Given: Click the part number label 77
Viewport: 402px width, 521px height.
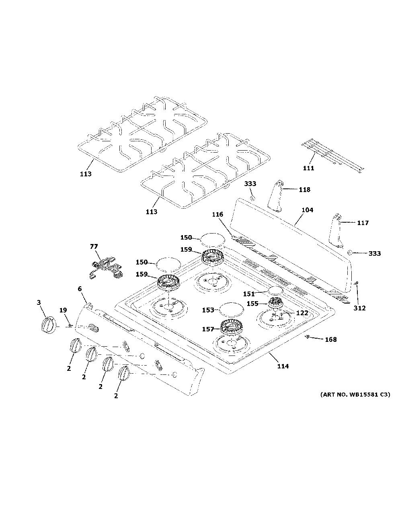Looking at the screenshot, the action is point(94,246).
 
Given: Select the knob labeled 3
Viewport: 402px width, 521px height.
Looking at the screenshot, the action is point(49,325).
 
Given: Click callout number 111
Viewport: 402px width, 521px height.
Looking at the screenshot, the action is point(308,168).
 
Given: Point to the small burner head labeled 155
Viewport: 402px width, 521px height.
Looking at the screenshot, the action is point(275,302).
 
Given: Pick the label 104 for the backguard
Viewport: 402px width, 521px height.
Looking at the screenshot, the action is point(307,210).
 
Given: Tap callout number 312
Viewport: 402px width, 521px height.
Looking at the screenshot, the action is point(359,308).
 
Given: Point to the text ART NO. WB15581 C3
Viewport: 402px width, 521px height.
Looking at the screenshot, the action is point(355,395).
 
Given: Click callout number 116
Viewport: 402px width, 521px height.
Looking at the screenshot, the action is point(217,214).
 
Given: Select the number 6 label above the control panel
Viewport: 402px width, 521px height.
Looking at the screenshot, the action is point(80,289).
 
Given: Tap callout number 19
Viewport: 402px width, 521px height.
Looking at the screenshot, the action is point(63,310).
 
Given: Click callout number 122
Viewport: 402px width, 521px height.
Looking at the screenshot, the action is point(302,313).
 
